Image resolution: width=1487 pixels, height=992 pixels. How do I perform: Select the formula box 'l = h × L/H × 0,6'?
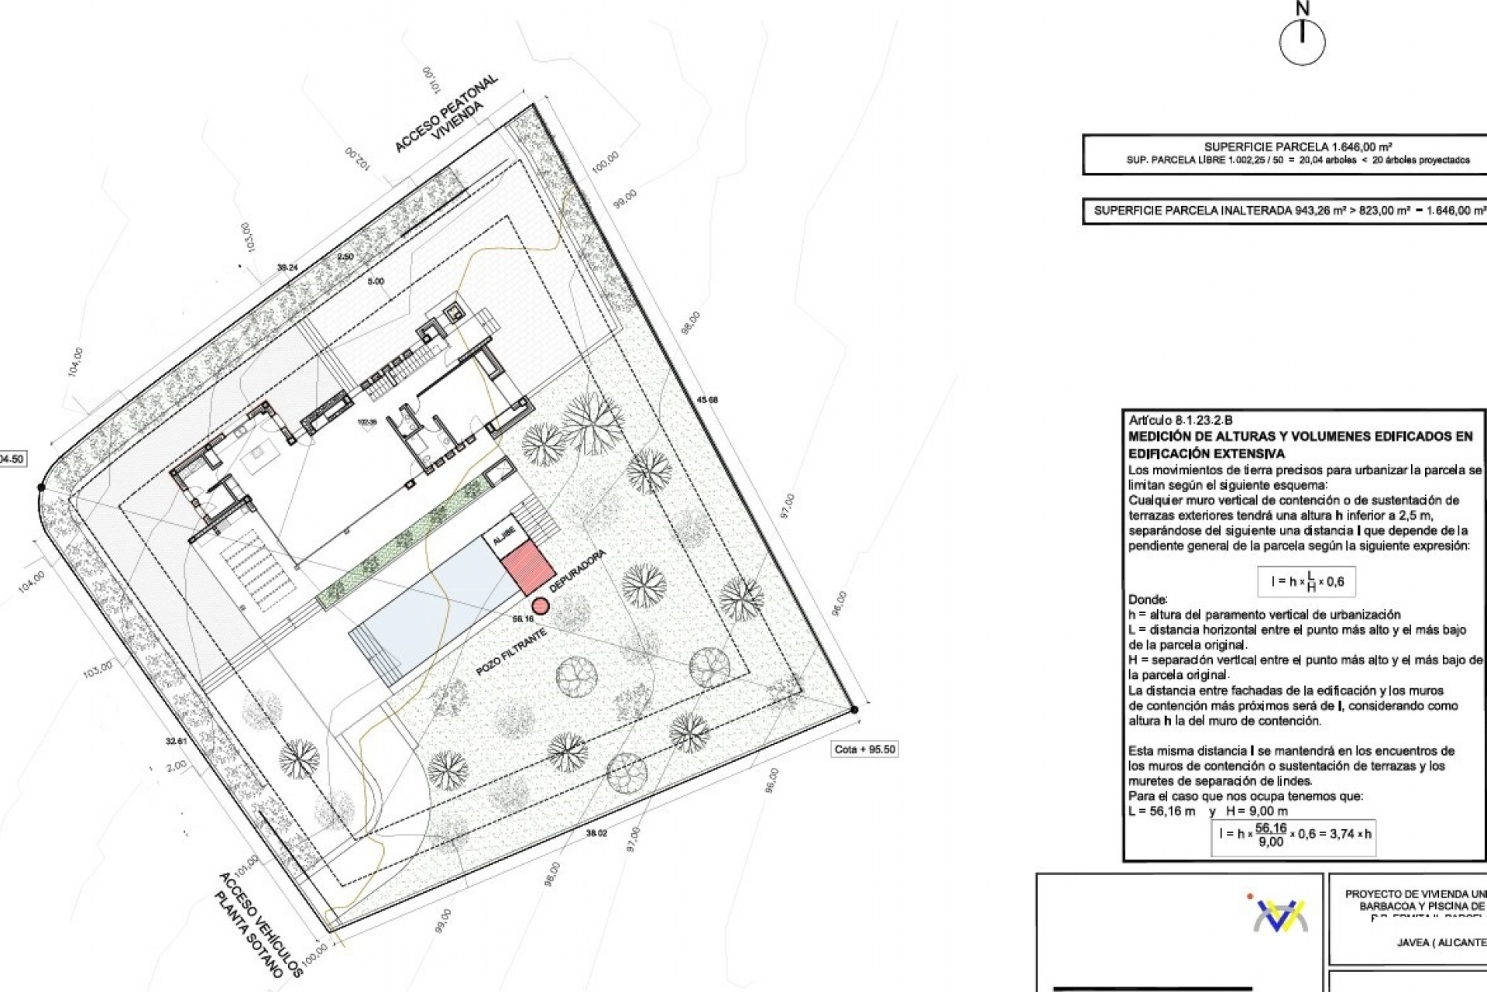pyautogui.click(x=1307, y=581)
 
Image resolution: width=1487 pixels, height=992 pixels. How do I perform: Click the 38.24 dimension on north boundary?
pyautogui.click(x=287, y=267)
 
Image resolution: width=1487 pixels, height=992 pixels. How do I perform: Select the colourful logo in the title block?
pyautogui.click(x=1280, y=914)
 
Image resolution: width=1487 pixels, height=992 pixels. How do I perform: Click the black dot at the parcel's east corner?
pyautogui.click(x=853, y=709)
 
